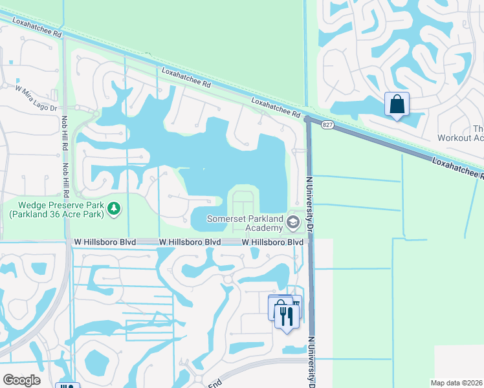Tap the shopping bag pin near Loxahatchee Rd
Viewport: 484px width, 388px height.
point(397,105)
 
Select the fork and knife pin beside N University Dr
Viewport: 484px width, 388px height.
point(286,316)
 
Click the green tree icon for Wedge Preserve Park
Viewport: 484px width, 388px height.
point(114,208)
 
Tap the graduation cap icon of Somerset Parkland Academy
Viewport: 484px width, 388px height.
point(292,223)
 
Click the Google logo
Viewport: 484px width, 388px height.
point(21,380)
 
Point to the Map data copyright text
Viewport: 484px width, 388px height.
point(457,383)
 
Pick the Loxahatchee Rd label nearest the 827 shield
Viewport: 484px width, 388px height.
point(276,108)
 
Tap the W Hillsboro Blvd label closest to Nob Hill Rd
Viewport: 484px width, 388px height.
point(104,242)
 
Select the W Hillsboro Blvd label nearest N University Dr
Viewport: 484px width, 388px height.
point(272,242)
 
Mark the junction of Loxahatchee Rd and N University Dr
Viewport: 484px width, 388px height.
point(307,120)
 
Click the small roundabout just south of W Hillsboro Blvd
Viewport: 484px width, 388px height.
point(227,279)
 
